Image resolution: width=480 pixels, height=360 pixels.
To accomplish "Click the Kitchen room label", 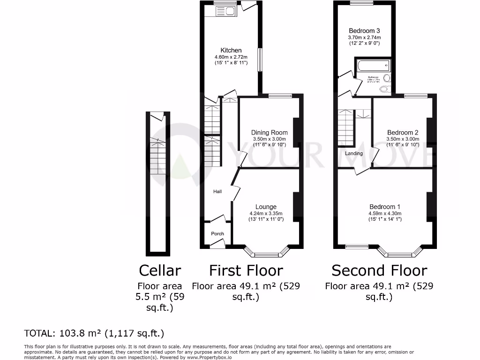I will click(231, 50).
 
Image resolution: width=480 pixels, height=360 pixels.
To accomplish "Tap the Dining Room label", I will click(269, 133).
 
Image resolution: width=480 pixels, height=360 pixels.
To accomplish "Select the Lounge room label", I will click(266, 207).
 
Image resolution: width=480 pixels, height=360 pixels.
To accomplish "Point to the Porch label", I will click(217, 233).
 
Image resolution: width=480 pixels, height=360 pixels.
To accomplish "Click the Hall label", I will click(217, 191).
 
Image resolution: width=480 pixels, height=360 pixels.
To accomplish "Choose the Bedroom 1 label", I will click(385, 207).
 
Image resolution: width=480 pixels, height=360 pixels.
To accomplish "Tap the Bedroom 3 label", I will click(364, 31).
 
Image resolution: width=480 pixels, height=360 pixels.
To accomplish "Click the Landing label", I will click(354, 153).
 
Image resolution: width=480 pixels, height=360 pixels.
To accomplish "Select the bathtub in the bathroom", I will click(373, 65).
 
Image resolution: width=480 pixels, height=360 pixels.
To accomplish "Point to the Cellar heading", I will click(160, 270).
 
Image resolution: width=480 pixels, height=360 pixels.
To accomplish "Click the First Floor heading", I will click(246, 270).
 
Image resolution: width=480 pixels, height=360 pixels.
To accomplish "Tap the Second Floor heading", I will click(379, 270).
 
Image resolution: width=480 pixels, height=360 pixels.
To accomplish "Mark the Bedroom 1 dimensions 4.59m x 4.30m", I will click(385, 213).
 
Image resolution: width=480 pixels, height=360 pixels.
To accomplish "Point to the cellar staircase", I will click(158, 157).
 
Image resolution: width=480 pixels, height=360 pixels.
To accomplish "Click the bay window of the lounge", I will click(266, 254).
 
